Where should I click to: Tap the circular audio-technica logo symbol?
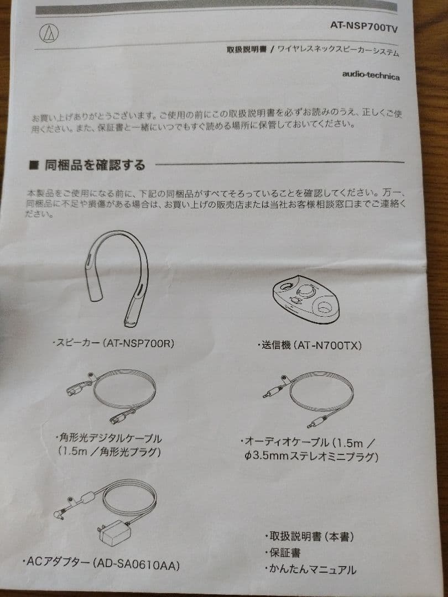tap(49, 34)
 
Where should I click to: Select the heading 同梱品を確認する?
tap(95, 165)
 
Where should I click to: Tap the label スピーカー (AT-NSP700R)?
tap(113, 343)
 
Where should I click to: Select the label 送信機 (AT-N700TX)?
tap(310, 345)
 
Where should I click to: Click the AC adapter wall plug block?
tap(114, 533)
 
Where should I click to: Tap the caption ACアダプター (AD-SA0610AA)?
tap(102, 563)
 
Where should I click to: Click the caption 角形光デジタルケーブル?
tap(108, 438)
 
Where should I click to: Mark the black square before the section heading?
tap(33, 165)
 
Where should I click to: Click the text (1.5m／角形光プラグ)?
tap(109, 452)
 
